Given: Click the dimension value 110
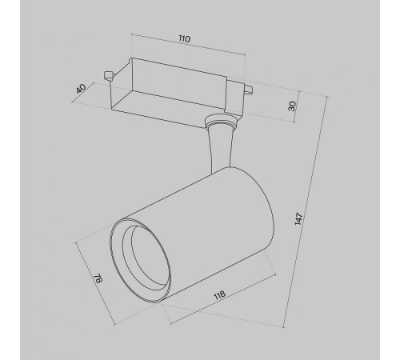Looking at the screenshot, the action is [185, 39].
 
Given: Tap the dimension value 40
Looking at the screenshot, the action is [81, 89].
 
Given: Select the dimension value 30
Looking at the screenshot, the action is [292, 106].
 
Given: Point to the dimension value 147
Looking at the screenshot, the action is [299, 219].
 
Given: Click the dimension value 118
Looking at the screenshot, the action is [219, 295].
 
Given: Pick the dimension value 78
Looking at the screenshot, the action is [98, 278].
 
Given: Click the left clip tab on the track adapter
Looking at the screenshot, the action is [108, 75].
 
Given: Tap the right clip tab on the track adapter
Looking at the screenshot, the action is [248, 90].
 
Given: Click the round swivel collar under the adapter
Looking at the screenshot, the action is [221, 121].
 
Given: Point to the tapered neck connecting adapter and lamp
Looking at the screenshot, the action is [220, 150].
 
